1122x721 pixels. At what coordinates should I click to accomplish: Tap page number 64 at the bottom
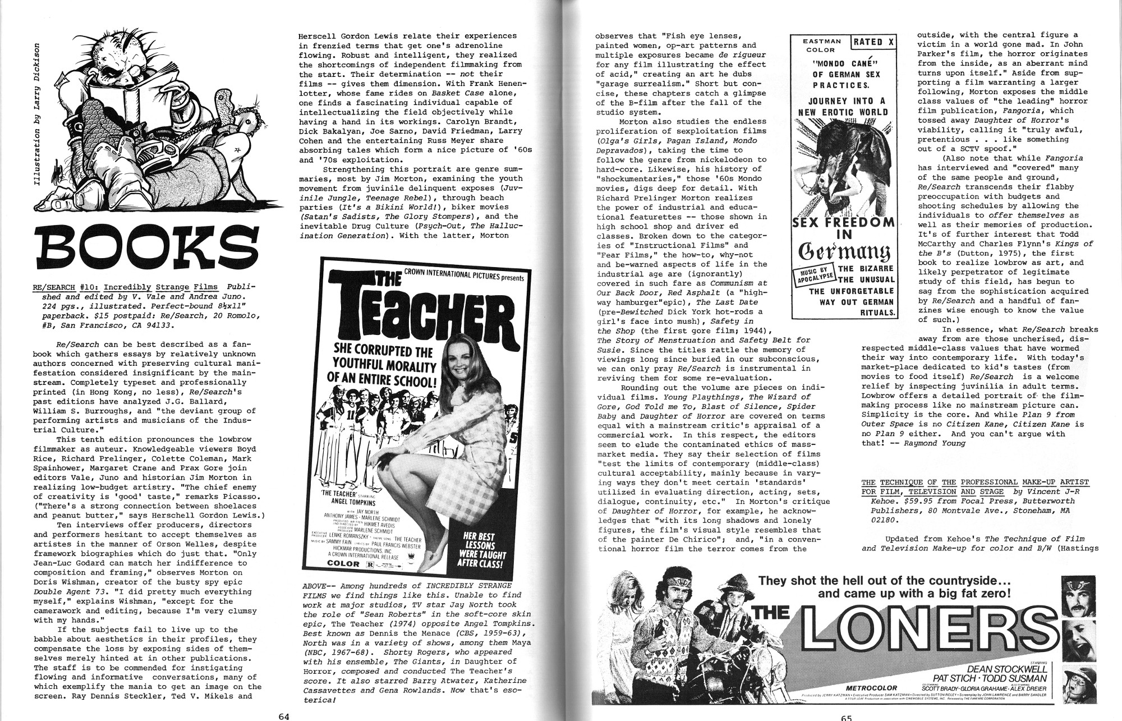point(284,716)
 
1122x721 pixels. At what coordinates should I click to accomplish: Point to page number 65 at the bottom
point(846,717)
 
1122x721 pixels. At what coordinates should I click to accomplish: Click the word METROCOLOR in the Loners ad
point(871,687)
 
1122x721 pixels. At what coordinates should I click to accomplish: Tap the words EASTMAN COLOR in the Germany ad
point(821,45)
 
